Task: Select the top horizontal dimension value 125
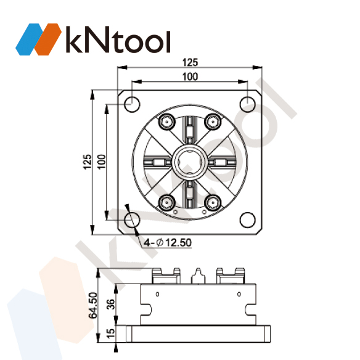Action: pos(190,62)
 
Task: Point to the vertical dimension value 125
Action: pos(88,162)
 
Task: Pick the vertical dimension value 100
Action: pos(102,162)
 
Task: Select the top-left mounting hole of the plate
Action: pos(131,103)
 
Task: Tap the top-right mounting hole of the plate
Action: pos(247,103)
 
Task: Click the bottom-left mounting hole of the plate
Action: pos(131,219)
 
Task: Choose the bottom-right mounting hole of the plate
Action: pos(247,219)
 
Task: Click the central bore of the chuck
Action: pos(189,162)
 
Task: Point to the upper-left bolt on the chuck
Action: pos(166,122)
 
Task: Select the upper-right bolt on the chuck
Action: pos(212,122)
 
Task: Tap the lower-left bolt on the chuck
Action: pos(166,201)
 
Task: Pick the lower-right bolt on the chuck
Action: pos(212,201)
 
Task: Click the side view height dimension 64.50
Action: pos(93,305)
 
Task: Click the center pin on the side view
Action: pos(198,276)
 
